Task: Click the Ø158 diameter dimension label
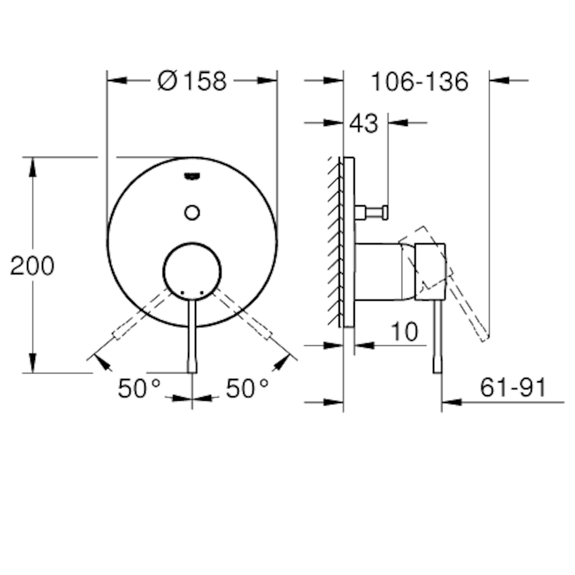[193, 82]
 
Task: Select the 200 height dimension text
[33, 266]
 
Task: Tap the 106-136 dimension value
[419, 82]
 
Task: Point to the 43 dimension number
[364, 123]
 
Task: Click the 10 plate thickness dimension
[404, 332]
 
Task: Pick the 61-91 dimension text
[513, 388]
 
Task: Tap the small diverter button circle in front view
[192, 212]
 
